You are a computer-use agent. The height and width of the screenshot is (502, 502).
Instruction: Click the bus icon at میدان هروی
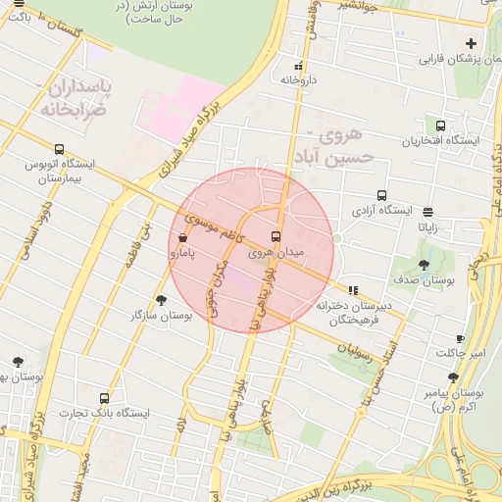tap(276, 236)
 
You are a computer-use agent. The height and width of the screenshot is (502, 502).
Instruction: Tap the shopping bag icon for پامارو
tap(183, 238)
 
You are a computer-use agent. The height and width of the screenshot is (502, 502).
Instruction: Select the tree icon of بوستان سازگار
tap(161, 300)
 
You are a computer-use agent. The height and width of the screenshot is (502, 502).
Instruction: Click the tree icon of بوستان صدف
tap(424, 265)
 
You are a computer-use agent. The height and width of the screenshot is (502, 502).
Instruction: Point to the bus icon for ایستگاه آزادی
tap(381, 194)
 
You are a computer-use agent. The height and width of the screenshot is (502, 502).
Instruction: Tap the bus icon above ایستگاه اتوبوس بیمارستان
tap(60, 150)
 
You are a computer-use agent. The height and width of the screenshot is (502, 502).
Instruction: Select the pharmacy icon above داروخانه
tap(298, 67)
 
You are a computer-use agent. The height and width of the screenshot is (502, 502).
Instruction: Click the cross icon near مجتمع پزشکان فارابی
tap(472, 43)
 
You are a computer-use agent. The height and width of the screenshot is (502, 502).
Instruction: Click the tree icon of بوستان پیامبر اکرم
tap(453, 377)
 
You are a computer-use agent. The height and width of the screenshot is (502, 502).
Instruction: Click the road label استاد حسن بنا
tap(379, 347)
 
